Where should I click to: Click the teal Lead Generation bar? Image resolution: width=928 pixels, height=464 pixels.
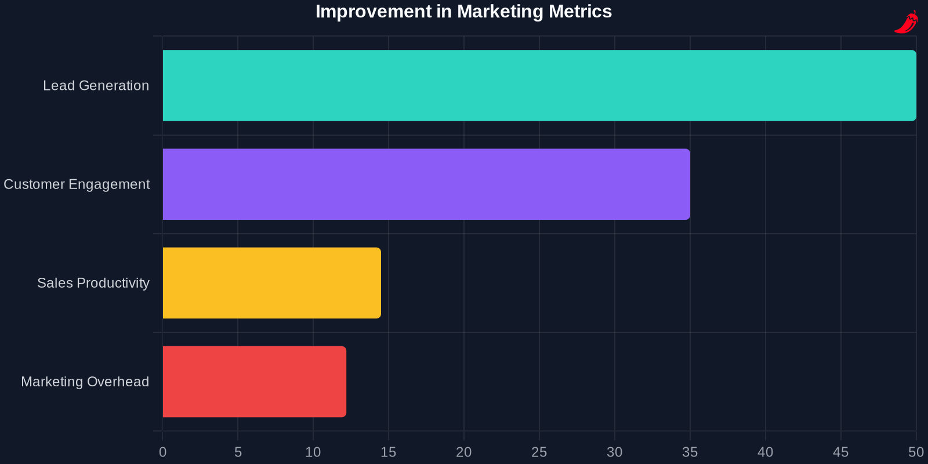coord(539,85)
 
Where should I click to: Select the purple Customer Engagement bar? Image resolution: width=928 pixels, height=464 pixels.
coord(426,184)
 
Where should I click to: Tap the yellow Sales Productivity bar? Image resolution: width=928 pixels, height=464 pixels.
coord(271,282)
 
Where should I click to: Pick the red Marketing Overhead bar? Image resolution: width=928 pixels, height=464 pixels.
coord(254,381)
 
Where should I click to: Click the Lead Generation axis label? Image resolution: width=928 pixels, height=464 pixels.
coord(96,85)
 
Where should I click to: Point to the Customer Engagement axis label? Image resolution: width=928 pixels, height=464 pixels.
coord(77,184)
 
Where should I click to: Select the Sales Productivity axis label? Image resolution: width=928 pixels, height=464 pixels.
coord(93,282)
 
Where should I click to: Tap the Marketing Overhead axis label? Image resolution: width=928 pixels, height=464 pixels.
coord(85,381)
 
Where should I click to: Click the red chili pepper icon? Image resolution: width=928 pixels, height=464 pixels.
coord(906,22)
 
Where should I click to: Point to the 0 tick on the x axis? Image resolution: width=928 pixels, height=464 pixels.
coord(162,452)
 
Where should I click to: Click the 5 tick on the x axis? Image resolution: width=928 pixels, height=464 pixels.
coord(238,452)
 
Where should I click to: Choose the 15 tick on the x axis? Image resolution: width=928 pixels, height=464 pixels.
coord(389,452)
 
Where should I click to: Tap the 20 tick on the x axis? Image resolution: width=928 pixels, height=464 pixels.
coord(464,452)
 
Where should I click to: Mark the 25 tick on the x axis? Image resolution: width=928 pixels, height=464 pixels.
coord(539,452)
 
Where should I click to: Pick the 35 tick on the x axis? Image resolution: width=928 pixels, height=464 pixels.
coord(690,452)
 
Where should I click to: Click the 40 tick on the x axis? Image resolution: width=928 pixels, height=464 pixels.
coord(766,452)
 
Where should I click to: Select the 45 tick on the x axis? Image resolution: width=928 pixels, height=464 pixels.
coord(841,452)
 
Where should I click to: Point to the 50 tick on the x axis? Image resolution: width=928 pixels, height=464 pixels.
coord(916,452)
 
